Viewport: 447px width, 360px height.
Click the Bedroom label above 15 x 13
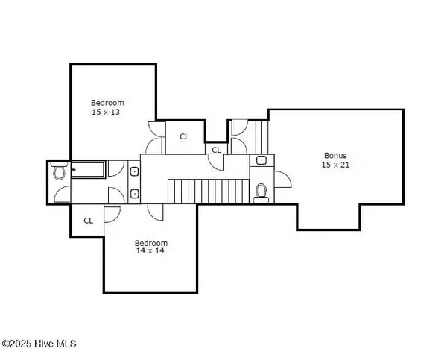(x=107, y=103)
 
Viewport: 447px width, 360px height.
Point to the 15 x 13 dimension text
(x=106, y=112)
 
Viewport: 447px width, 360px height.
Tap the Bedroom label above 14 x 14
(x=151, y=243)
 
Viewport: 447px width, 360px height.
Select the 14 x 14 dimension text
(x=150, y=251)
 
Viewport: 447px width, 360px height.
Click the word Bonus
(x=335, y=156)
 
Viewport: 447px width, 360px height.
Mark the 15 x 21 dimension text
(x=335, y=165)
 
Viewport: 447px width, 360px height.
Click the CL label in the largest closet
(x=185, y=137)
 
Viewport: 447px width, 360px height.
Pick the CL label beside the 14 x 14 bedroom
(x=89, y=221)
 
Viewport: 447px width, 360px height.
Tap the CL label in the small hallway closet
(x=216, y=150)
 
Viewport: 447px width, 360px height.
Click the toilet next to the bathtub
(x=60, y=171)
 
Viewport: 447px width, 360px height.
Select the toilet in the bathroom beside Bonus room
(x=261, y=193)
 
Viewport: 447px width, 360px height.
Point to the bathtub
(x=89, y=170)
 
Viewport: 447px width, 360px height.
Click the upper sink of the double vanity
(x=134, y=171)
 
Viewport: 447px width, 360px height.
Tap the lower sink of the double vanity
(x=134, y=195)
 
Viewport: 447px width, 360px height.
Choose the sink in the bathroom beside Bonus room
(x=261, y=160)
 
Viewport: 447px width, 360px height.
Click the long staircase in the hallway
(x=209, y=192)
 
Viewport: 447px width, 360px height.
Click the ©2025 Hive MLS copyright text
(x=39, y=344)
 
